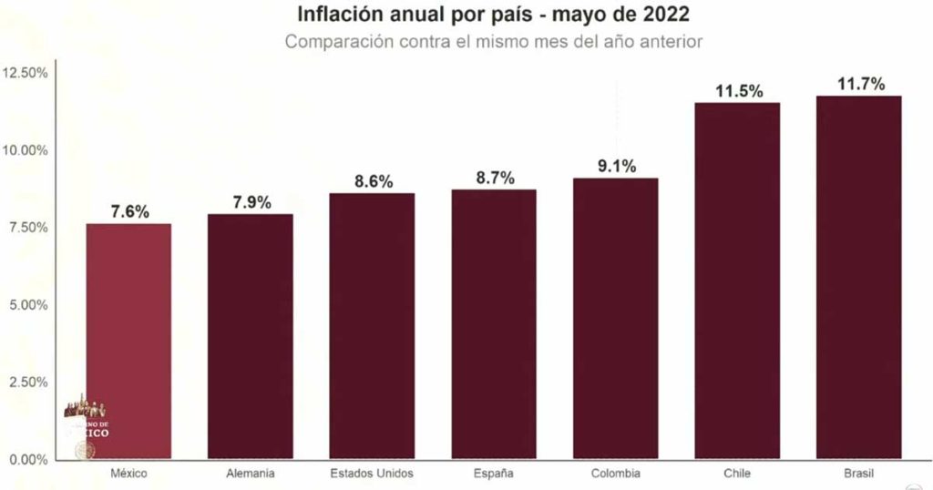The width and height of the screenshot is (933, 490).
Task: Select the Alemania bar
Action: point(251,336)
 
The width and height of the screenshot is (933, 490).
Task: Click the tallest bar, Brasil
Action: point(858,277)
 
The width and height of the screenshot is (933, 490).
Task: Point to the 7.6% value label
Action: point(129,211)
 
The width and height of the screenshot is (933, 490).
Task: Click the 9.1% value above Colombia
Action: point(616,166)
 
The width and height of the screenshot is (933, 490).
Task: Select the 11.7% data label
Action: point(860,84)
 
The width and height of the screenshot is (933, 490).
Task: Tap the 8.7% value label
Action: point(495,178)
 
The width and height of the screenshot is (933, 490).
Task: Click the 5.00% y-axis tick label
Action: point(28,304)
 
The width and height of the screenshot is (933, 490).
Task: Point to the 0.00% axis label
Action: point(28,459)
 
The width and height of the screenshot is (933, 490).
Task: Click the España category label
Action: point(494,474)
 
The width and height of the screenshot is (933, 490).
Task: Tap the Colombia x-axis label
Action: point(615,474)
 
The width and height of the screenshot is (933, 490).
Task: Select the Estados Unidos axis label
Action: point(372,474)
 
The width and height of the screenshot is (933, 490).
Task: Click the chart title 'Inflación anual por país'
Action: point(492,15)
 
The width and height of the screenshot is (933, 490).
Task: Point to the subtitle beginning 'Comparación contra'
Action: point(493,42)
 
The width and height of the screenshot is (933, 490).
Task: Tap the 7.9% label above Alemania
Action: point(251,202)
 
